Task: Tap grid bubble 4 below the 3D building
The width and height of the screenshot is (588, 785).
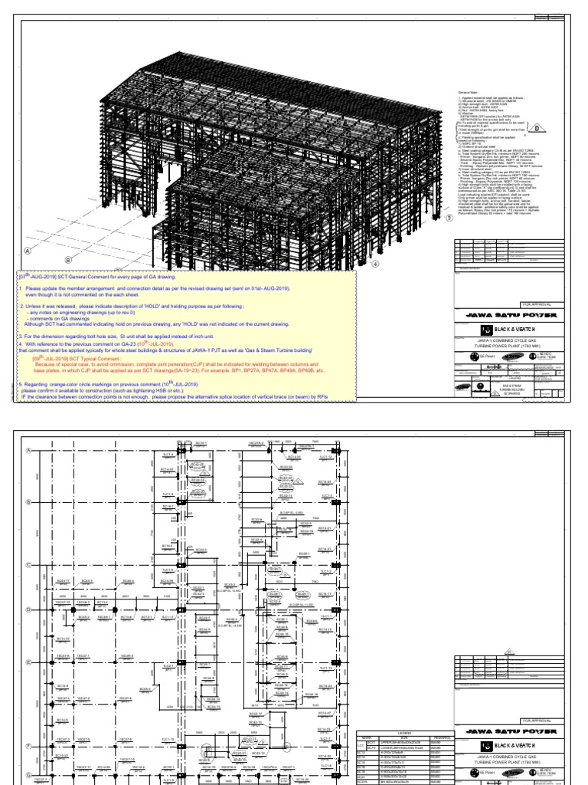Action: click(x=376, y=264)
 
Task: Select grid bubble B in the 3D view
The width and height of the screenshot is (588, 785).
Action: click(x=67, y=260)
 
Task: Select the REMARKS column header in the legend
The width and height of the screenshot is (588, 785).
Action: click(x=440, y=738)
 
